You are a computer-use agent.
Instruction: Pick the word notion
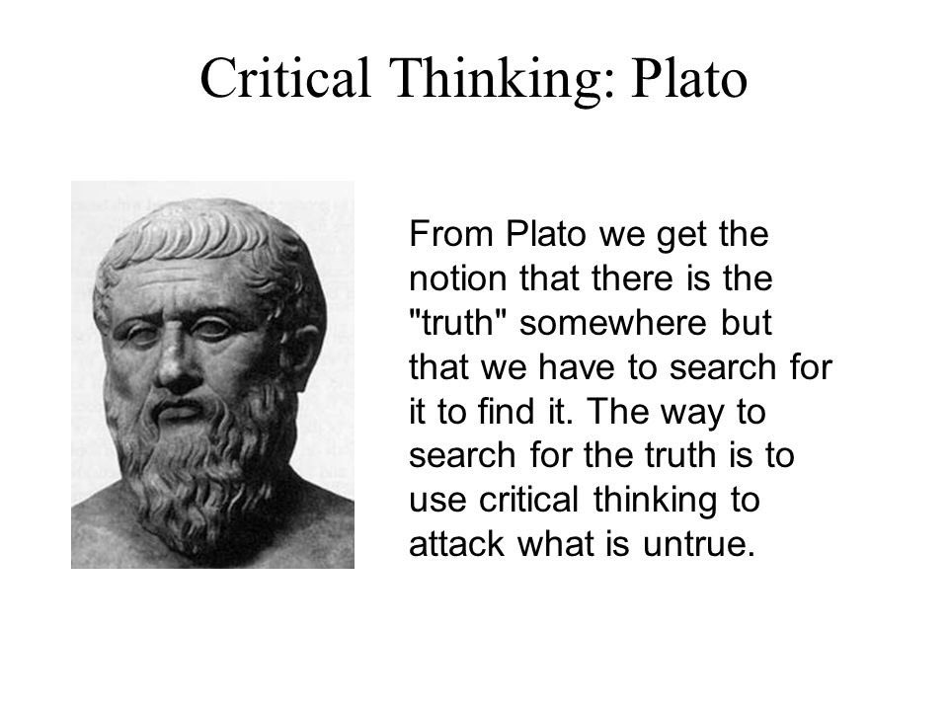[458, 278]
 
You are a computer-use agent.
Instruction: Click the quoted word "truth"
[457, 322]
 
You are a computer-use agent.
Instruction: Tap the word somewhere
[613, 323]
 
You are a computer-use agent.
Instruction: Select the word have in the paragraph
[576, 367]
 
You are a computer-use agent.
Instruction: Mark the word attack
[456, 543]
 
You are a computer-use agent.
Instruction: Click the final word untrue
[699, 543]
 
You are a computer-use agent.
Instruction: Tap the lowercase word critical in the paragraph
[529, 500]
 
